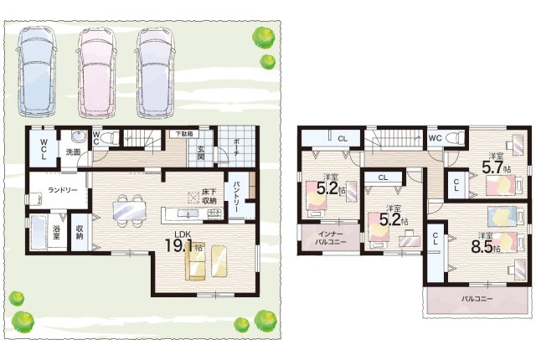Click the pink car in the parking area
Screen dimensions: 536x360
[x=96, y=72]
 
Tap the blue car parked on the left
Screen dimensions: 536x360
[x=36, y=72]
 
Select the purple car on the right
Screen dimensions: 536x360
[x=156, y=72]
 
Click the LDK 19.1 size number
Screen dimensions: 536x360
[x=179, y=245]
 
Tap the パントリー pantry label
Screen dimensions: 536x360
[x=237, y=198]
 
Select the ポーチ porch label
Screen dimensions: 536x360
[x=237, y=147]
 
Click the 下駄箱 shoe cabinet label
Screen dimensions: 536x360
[x=184, y=134]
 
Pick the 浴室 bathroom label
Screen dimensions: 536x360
[x=56, y=231]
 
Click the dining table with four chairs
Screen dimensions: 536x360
[x=130, y=211]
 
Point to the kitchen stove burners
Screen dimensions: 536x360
[x=215, y=213]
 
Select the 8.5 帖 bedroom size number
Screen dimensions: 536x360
[x=482, y=246]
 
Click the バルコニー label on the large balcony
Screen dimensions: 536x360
[x=477, y=299]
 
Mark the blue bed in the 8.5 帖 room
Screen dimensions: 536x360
[x=502, y=216]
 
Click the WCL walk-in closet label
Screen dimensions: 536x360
[x=44, y=148]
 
